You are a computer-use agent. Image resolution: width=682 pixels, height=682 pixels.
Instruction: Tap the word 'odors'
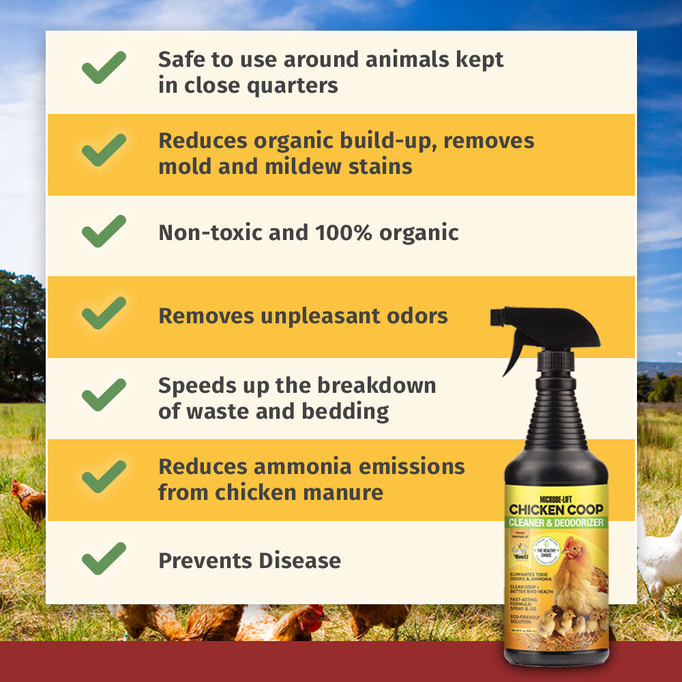418,316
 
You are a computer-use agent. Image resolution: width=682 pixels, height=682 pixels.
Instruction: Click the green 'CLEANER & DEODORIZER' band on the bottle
555,523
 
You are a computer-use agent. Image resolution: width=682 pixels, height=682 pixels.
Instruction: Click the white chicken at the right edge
660,556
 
